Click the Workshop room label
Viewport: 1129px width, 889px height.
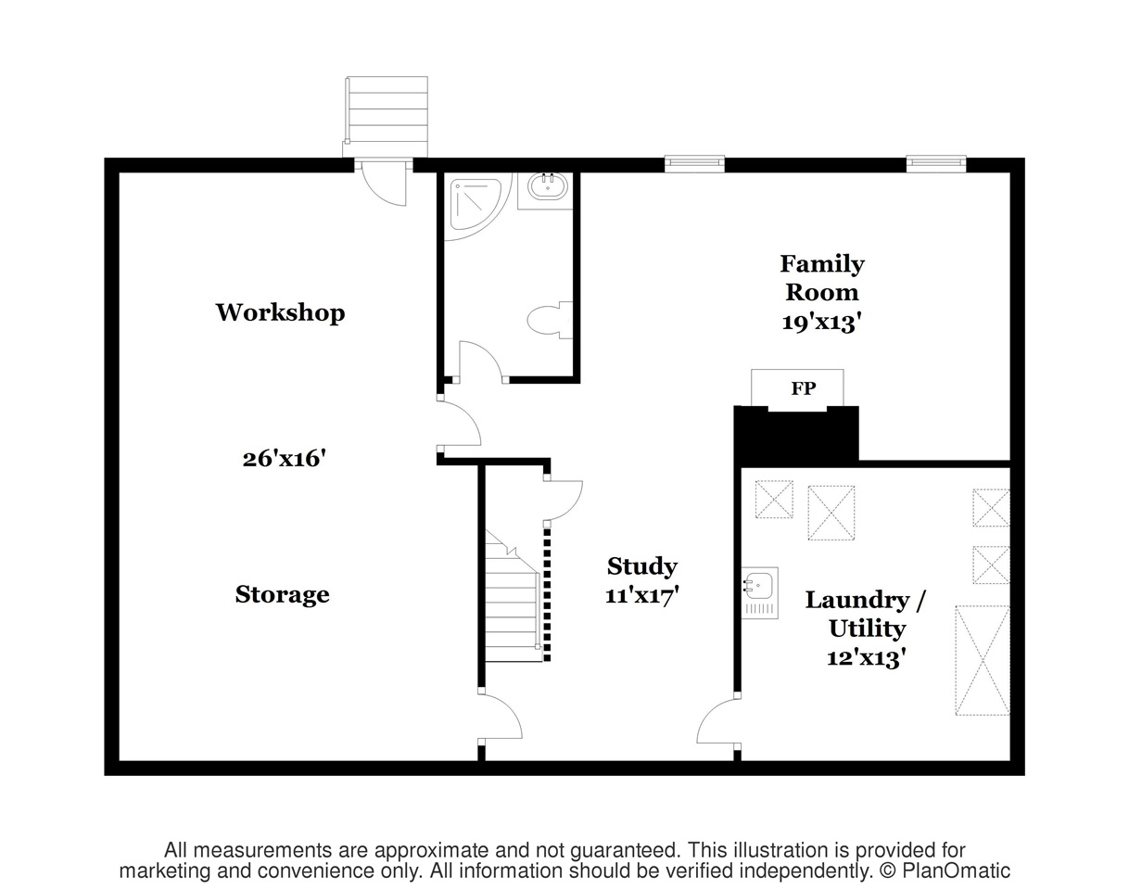[x=280, y=312]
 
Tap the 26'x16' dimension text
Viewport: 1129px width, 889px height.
[x=285, y=459]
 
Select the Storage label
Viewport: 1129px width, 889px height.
[x=282, y=594]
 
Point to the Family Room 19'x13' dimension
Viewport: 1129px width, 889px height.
[x=822, y=323]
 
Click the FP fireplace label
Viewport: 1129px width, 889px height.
[x=804, y=388]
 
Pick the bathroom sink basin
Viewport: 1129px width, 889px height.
[x=548, y=186]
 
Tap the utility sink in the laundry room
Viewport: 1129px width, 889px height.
[x=759, y=592]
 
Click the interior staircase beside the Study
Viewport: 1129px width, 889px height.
[x=513, y=595]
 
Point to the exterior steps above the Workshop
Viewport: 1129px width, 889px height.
[x=386, y=116]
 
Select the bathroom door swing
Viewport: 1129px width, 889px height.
[x=481, y=361]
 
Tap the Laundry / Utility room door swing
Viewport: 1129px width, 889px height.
[x=718, y=722]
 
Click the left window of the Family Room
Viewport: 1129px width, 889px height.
[x=694, y=164]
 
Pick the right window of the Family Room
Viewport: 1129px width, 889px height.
[x=936, y=164]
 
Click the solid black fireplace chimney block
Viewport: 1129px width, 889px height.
[x=796, y=436]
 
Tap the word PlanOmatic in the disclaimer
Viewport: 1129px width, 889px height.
[x=956, y=871]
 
